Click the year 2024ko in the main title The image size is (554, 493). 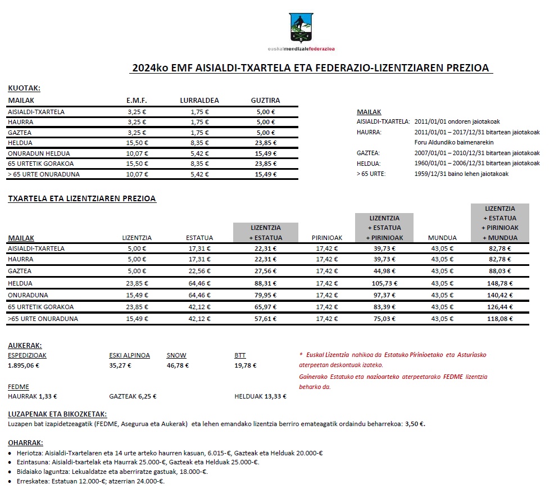[x=149, y=69]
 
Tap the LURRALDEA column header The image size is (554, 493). [x=199, y=101]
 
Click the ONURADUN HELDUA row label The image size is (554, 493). [x=33, y=153]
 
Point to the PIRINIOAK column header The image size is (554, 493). [x=327, y=238]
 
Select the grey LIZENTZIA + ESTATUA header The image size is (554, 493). [x=265, y=233]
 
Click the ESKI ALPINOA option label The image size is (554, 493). [x=129, y=355]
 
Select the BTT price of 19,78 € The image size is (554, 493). [x=245, y=365]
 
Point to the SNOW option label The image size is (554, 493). [x=176, y=355]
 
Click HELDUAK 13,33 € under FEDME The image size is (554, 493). [x=260, y=396]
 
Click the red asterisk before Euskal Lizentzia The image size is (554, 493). [x=301, y=355]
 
